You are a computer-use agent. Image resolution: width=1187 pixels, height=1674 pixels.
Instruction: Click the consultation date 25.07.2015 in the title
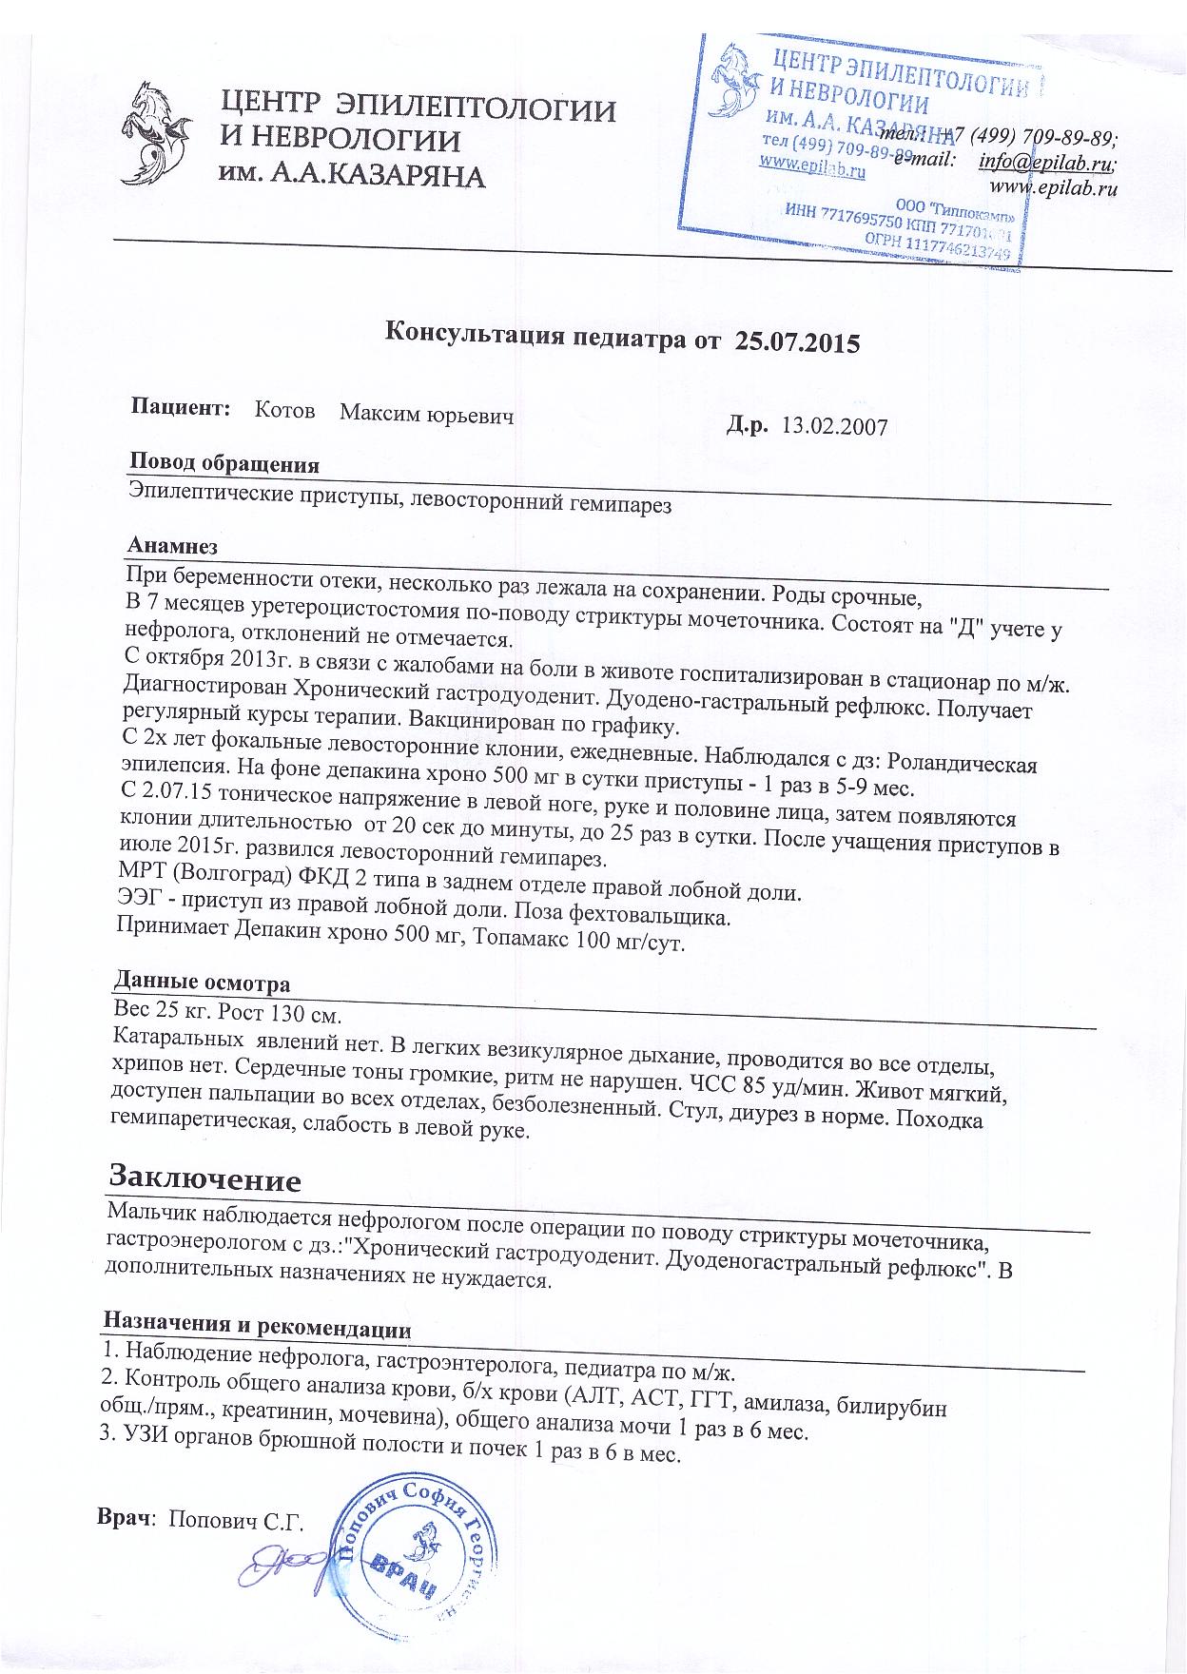(x=798, y=341)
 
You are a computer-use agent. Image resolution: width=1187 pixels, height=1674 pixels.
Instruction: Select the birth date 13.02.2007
(x=833, y=427)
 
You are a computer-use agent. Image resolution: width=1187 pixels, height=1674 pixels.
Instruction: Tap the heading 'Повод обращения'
(x=224, y=464)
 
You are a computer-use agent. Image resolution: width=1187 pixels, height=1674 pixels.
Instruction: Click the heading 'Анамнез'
(x=172, y=547)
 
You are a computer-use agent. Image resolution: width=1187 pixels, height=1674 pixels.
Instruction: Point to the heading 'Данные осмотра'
(x=202, y=982)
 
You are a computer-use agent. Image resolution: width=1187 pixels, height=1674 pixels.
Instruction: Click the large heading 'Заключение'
(x=205, y=1180)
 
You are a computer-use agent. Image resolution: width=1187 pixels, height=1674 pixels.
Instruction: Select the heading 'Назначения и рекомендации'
(x=257, y=1325)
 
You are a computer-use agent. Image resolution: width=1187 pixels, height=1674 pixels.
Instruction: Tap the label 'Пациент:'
(x=182, y=409)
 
